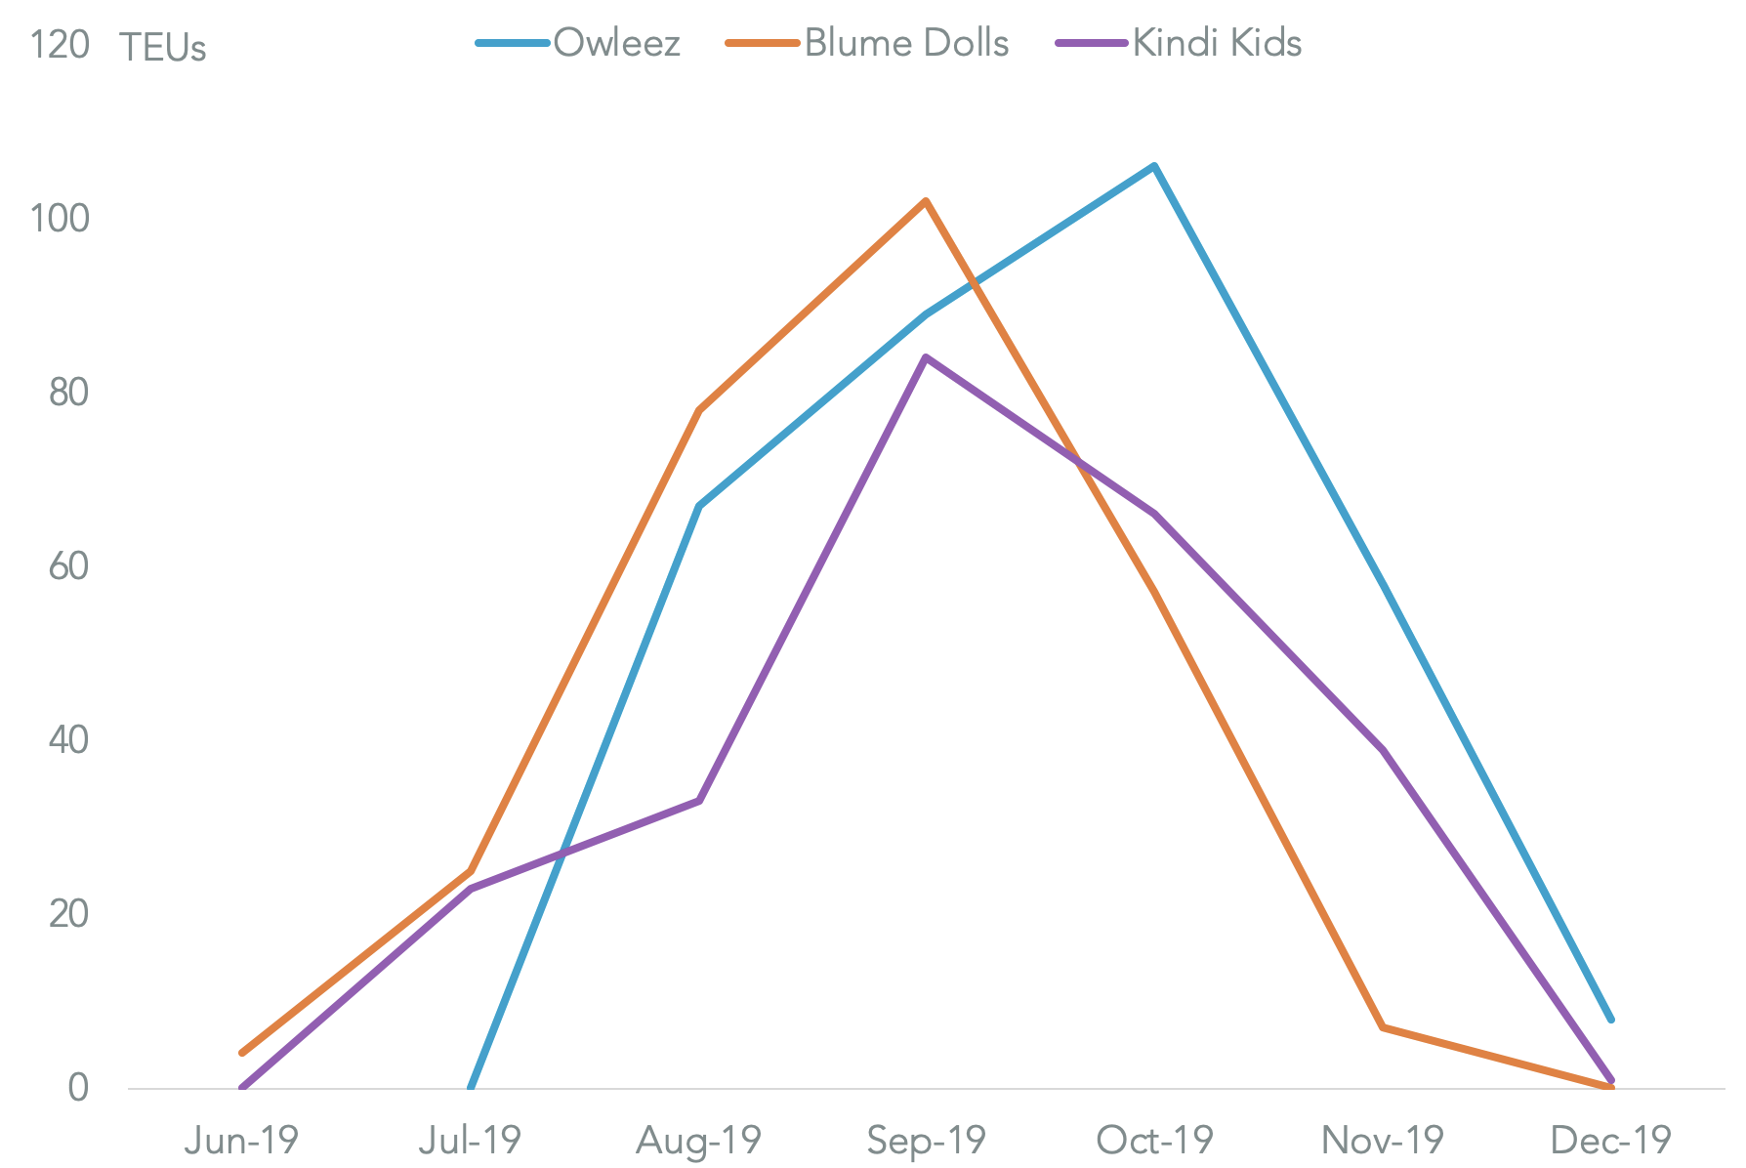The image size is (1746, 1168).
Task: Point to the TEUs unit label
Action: click(x=163, y=48)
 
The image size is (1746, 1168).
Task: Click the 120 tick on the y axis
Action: click(x=60, y=45)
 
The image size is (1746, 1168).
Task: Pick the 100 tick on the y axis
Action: click(x=60, y=219)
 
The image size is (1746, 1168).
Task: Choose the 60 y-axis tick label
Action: click(x=68, y=566)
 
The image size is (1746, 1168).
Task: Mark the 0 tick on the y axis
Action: click(x=78, y=1088)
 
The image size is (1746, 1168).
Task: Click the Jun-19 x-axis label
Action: click(x=241, y=1140)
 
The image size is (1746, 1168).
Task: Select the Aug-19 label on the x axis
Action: click(x=698, y=1140)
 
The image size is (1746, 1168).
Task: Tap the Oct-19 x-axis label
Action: click(x=1154, y=1140)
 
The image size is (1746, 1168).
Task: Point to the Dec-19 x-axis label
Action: click(x=1610, y=1140)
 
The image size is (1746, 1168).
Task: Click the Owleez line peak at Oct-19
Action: click(x=1154, y=166)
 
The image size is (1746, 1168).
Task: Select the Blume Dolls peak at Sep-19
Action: click(x=926, y=201)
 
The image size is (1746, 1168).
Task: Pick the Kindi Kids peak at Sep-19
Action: click(x=926, y=357)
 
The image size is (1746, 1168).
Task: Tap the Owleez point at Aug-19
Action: click(x=698, y=506)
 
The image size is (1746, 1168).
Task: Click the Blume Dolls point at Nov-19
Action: click(x=1383, y=1027)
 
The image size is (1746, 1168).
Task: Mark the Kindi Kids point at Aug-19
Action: click(x=698, y=801)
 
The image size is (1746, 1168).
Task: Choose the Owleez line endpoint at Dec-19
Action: click(x=1610, y=1019)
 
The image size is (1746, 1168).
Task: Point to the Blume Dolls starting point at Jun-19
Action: click(x=241, y=1053)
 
